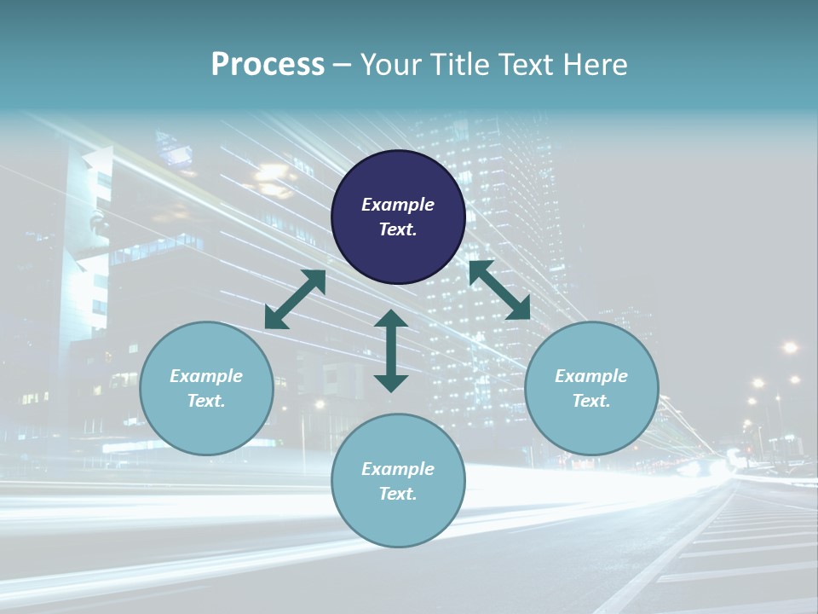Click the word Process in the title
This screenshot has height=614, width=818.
(x=268, y=65)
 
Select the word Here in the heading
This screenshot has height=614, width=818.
(x=596, y=65)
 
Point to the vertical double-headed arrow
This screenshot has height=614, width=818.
(x=391, y=351)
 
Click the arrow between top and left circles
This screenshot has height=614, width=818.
(x=295, y=299)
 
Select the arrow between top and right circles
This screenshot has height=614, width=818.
(x=499, y=290)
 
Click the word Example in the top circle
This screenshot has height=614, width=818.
(x=398, y=205)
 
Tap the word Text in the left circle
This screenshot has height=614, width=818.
(x=206, y=401)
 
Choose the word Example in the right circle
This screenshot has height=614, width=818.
(x=591, y=376)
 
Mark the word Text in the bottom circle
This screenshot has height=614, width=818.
(x=398, y=494)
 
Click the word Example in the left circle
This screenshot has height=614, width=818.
(x=206, y=376)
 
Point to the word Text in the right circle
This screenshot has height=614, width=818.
(x=591, y=401)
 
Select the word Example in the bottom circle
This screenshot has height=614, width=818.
(x=398, y=469)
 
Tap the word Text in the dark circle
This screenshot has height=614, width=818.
(x=398, y=229)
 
